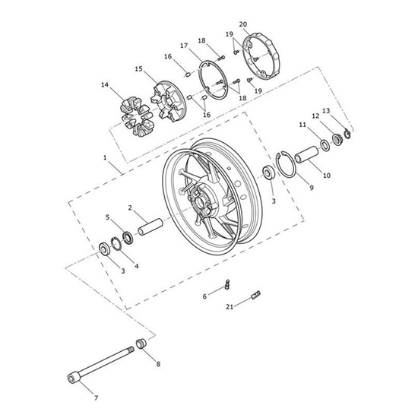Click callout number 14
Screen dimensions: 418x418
click(104, 85)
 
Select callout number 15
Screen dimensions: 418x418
click(138, 69)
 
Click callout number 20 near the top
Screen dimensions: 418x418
click(243, 24)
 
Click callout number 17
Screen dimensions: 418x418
click(184, 46)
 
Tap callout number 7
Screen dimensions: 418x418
click(96, 398)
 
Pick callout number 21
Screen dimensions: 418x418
click(230, 306)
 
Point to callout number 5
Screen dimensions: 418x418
click(107, 217)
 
